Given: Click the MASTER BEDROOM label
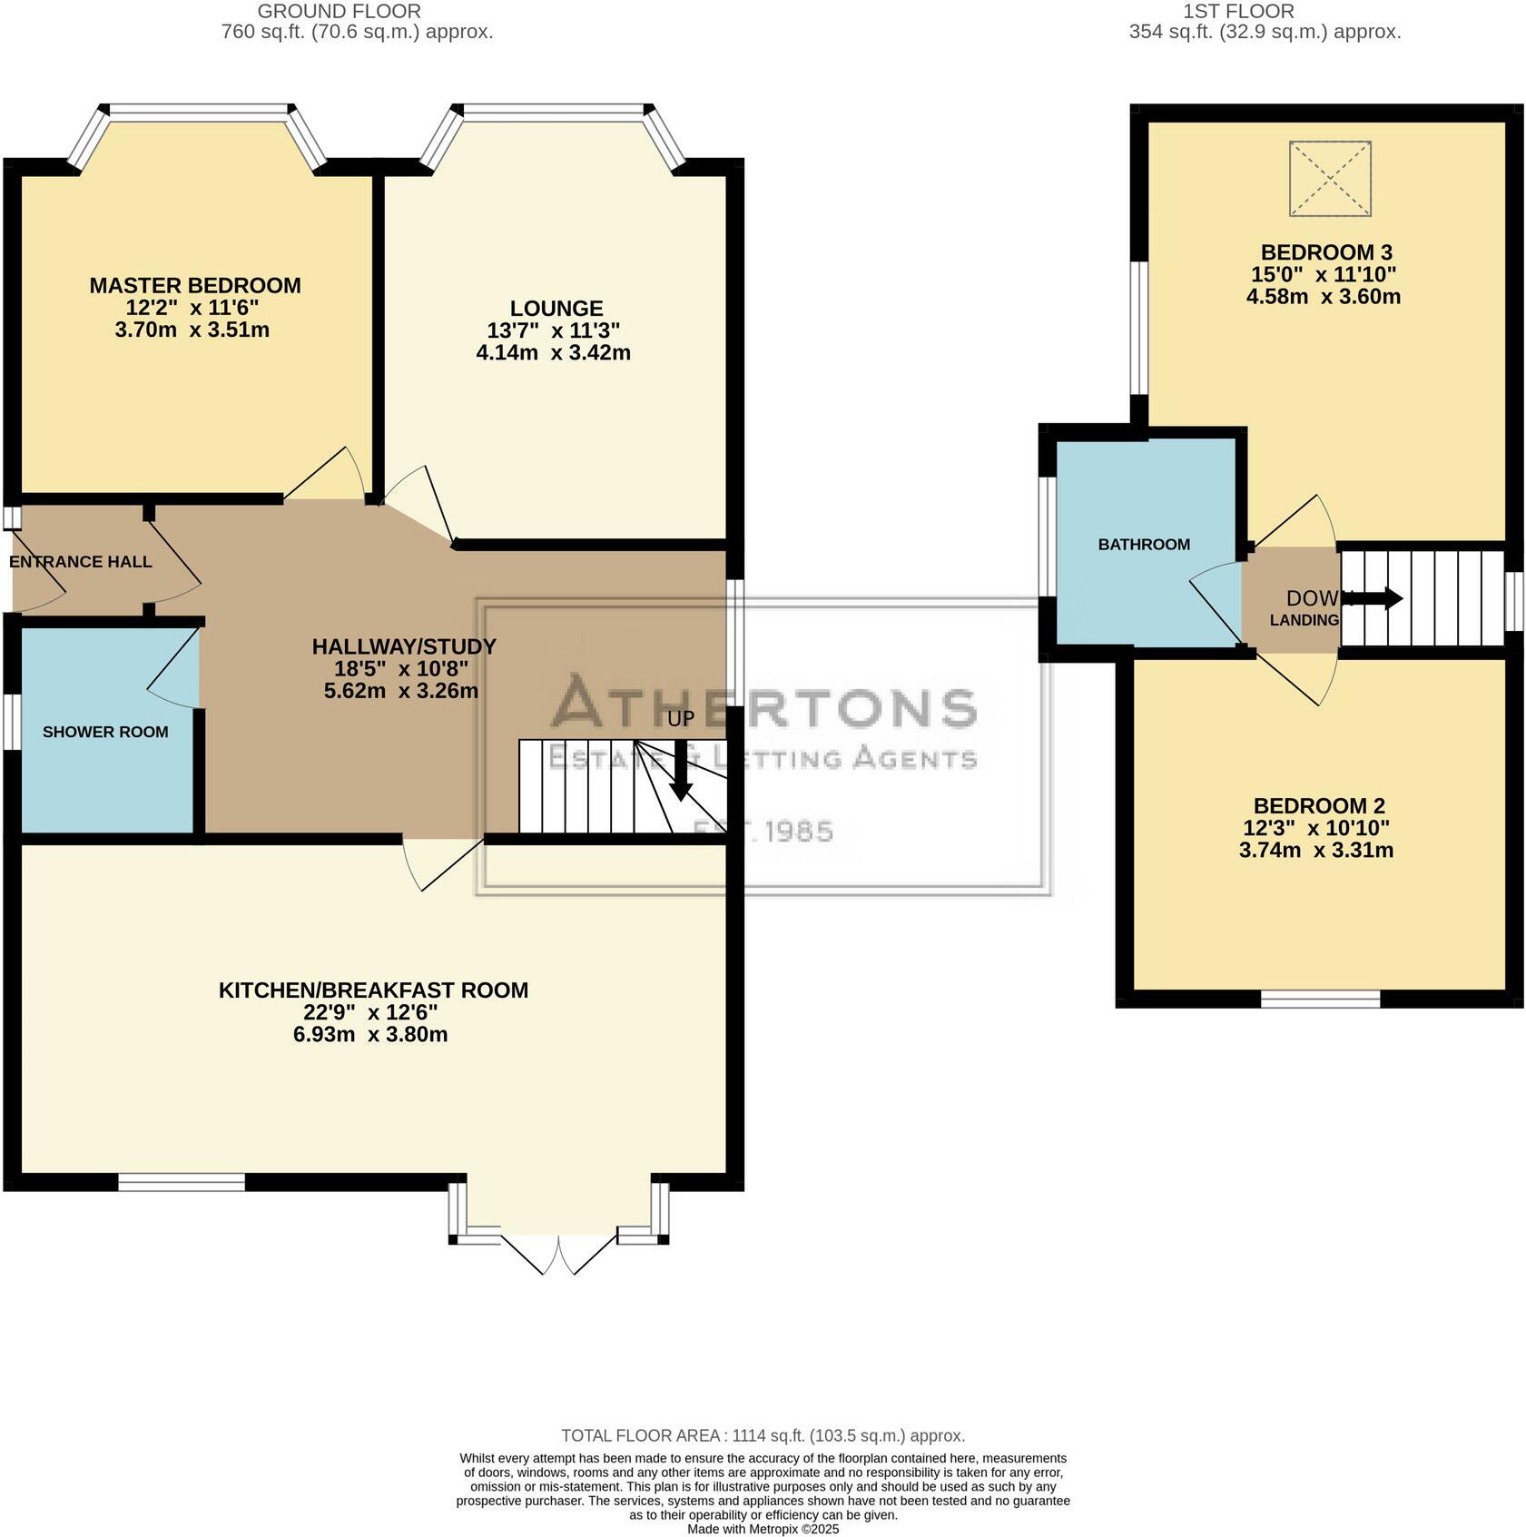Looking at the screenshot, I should pyautogui.click(x=194, y=285).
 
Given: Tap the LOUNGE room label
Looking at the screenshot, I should pyautogui.click(x=556, y=308).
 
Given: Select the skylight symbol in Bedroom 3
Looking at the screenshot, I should pyautogui.click(x=1329, y=178).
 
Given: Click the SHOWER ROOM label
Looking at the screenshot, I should pyautogui.click(x=105, y=732).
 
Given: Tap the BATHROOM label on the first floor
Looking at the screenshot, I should pyautogui.click(x=1143, y=544).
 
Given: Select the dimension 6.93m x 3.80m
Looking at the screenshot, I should pyautogui.click(x=370, y=1034).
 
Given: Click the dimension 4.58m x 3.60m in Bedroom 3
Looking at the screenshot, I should pyautogui.click(x=1323, y=296).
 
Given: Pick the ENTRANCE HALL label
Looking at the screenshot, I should pyautogui.click(x=80, y=561).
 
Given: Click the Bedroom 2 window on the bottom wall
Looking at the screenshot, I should pyautogui.click(x=1320, y=999).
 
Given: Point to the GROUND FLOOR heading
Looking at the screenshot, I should pyautogui.click(x=339, y=12).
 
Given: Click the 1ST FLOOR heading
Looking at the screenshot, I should pyautogui.click(x=1238, y=12).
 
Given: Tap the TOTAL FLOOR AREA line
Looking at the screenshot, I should pyautogui.click(x=763, y=1435).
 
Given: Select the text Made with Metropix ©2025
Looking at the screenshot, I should pyautogui.click(x=763, y=1529).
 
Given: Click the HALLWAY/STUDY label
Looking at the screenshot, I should pyautogui.click(x=404, y=646).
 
